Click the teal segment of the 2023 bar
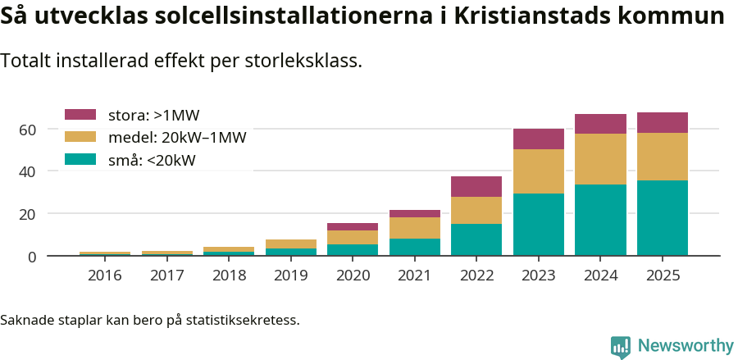(539, 225)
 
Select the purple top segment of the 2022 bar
(476, 186)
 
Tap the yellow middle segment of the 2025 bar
(663, 157)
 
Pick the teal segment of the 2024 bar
(600, 220)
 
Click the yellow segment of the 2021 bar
(415, 228)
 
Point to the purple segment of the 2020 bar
(353, 226)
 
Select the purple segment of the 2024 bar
(600, 124)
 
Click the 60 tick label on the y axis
(27, 130)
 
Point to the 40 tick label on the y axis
(27, 172)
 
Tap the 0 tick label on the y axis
(32, 257)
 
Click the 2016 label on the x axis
(104, 276)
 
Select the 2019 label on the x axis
(290, 276)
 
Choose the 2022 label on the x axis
(476, 276)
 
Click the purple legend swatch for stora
(80, 115)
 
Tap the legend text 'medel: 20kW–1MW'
(177, 138)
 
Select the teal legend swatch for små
(80, 160)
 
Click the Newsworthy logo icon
(621, 346)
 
